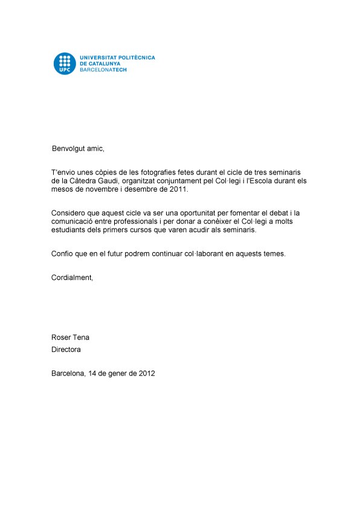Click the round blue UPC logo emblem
click(x=65, y=63)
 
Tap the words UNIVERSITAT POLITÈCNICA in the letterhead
click(x=117, y=57)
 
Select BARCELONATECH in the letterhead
click(x=104, y=70)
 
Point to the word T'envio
click(x=63, y=172)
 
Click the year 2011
click(x=179, y=189)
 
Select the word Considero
click(x=69, y=213)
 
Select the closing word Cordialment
click(x=72, y=277)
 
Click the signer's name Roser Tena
click(x=71, y=337)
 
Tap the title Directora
click(x=66, y=349)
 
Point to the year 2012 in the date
click(x=146, y=374)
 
